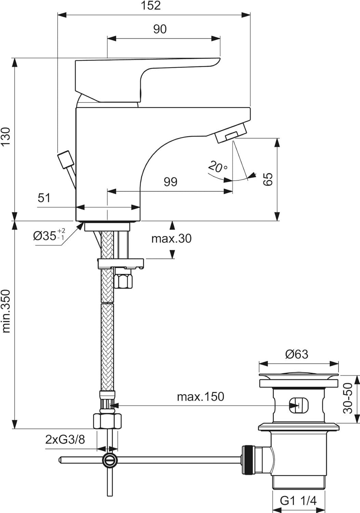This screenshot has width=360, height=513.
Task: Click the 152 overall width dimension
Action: (151, 6)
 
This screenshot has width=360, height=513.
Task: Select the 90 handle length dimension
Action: (160, 29)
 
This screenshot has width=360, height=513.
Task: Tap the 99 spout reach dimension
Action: (170, 182)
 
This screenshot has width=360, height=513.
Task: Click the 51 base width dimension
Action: (44, 198)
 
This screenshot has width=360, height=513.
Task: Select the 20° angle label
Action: (217, 167)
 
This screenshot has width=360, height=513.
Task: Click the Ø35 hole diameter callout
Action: (49, 235)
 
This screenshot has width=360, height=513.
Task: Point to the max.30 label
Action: (171, 238)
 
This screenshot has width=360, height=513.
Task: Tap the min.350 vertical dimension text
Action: (6, 311)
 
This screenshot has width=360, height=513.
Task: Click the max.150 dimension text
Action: (200, 397)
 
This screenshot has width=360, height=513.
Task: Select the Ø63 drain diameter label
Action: (296, 354)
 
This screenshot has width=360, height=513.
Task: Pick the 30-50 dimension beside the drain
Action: (347, 398)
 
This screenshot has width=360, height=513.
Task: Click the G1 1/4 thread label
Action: (298, 501)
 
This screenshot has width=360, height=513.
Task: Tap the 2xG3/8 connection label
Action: (65, 439)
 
